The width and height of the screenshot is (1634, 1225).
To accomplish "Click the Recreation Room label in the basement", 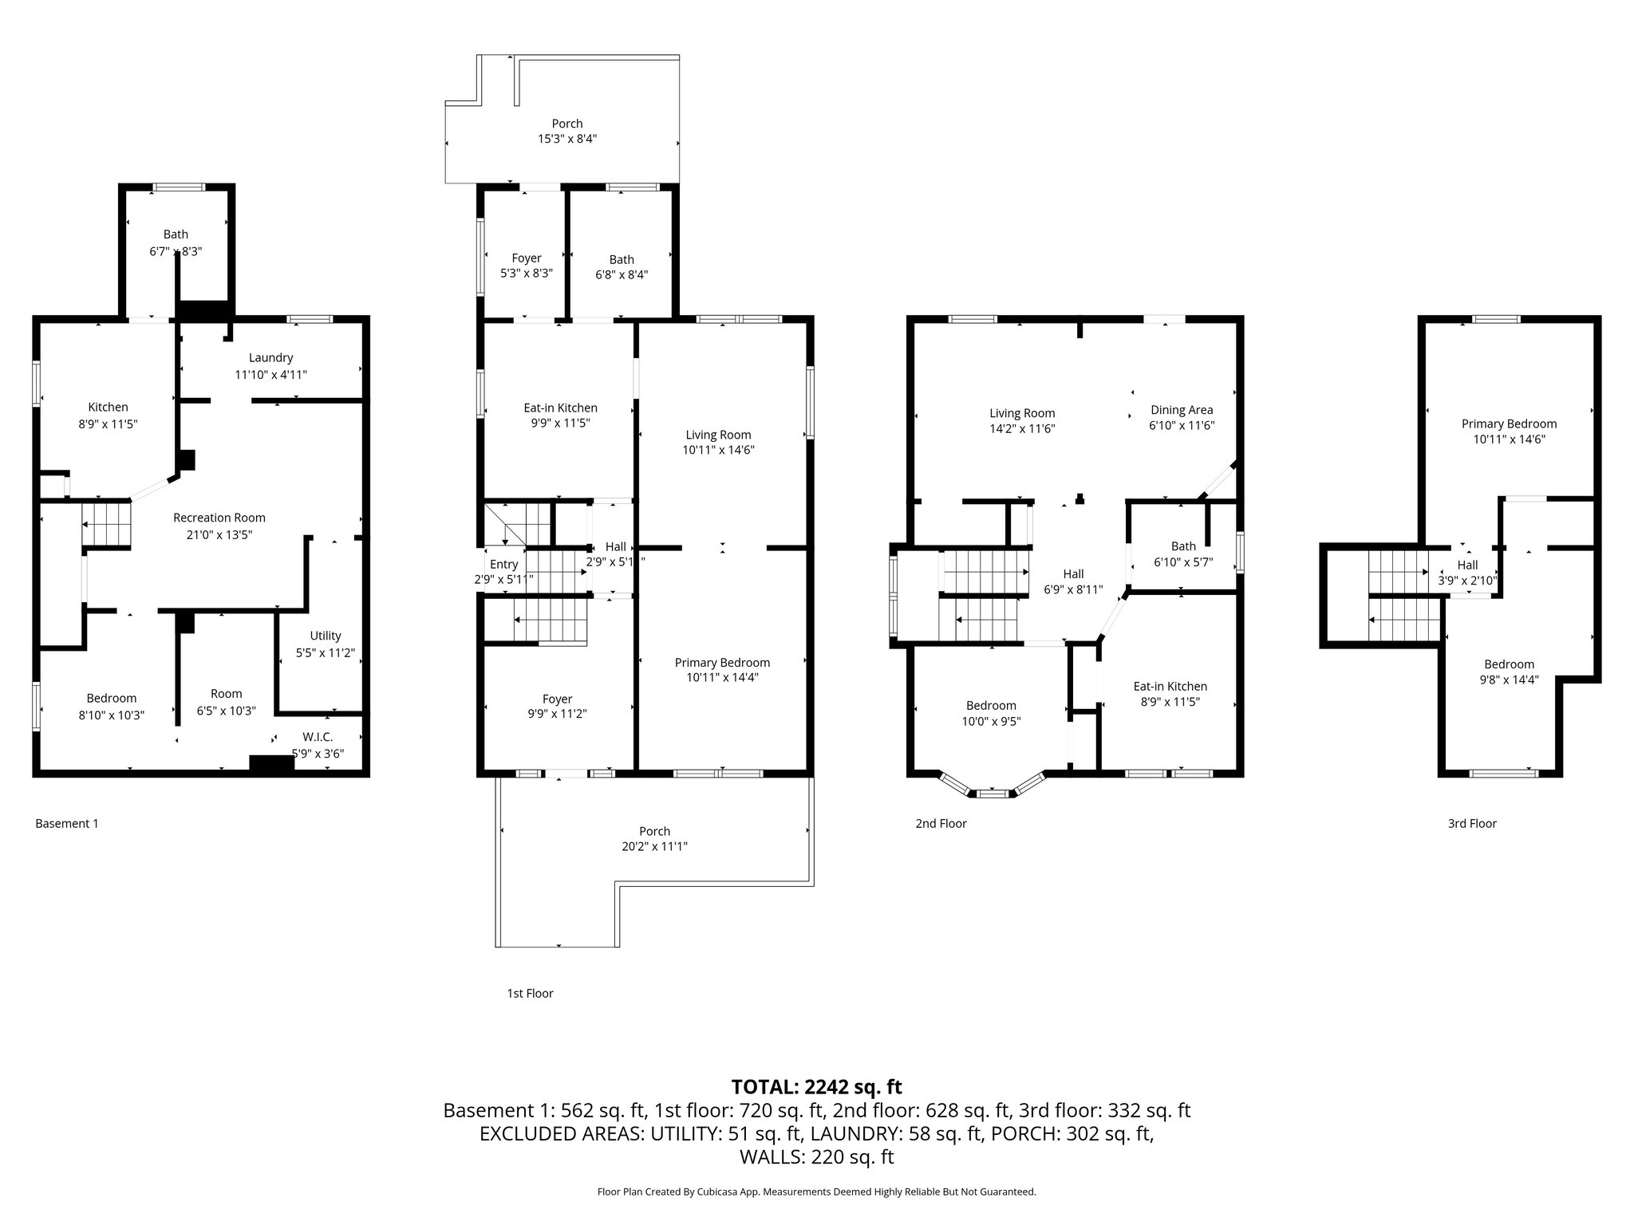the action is point(219,518).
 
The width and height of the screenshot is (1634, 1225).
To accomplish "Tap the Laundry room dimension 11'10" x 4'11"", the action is point(270,374).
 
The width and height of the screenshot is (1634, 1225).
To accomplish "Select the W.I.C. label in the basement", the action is point(318,737).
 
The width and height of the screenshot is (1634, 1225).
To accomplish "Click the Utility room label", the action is point(326,636).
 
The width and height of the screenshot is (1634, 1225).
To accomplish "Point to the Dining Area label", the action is point(1182,410).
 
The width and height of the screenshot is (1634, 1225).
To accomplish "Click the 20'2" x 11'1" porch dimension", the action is point(655,846).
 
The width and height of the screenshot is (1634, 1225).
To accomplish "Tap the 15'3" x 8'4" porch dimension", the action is point(567,139).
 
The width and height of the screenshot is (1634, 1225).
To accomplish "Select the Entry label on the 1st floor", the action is point(504,565).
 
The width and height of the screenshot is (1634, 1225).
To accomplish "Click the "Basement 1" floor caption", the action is point(67,823).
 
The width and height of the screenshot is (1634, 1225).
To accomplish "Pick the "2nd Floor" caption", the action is point(941,823).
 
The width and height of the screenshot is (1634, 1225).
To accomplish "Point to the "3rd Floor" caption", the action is point(1472,823).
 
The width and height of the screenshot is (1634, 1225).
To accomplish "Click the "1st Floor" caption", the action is point(530,993).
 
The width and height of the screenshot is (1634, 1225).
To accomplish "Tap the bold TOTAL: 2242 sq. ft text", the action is point(817,1087).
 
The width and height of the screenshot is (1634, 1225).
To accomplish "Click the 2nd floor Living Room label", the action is point(1022,413).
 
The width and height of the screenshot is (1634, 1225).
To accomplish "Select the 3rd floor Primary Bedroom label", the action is point(1509,424).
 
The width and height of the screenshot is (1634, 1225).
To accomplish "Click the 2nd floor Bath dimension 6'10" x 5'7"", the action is point(1183,561).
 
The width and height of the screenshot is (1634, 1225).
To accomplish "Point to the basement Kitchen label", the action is point(108,408).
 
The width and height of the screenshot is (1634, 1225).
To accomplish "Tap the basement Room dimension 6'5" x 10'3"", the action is point(227,711).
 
